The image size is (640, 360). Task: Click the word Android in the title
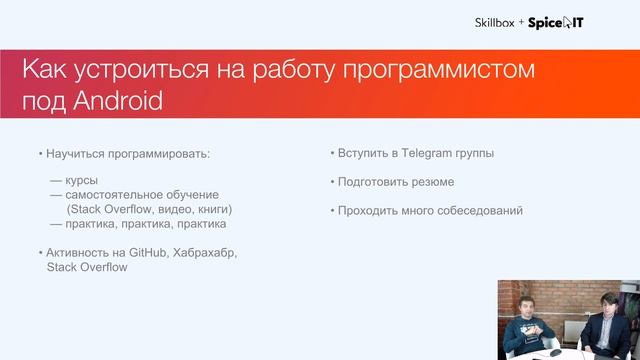click(x=117, y=102)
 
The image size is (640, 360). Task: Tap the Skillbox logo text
click(x=494, y=22)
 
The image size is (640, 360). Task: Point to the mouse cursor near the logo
click(x=568, y=22)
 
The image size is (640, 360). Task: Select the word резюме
click(x=433, y=182)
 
